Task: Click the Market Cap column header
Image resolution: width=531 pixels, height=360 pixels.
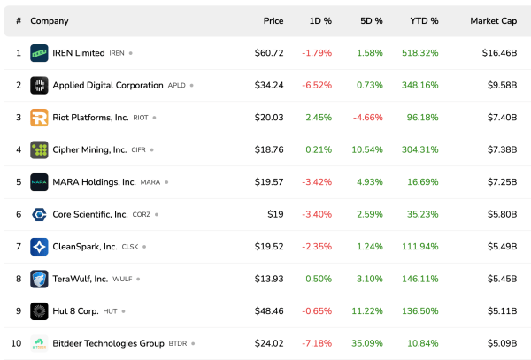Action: [493, 20]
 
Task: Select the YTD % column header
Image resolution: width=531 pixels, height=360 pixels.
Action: [424, 20]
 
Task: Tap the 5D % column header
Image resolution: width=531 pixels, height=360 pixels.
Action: [372, 20]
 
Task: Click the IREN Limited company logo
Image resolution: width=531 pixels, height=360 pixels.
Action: [39, 53]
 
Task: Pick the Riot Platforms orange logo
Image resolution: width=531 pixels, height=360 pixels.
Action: [39, 118]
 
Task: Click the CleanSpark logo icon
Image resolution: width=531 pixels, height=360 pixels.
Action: [39, 247]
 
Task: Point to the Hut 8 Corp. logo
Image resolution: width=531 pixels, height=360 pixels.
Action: [39, 311]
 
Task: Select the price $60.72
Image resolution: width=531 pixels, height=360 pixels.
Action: [269, 53]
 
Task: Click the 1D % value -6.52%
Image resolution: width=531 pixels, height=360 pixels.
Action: [318, 86]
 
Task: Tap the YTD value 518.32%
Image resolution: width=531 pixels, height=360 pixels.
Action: [419, 53]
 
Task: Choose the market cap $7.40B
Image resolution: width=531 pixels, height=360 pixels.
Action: [499, 118]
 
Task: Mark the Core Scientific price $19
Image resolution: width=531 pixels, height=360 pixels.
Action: [275, 214]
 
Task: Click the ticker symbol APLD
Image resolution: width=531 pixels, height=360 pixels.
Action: [176, 86]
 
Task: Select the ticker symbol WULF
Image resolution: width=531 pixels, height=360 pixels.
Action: [123, 280]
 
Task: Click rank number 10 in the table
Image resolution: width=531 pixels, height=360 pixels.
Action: [18, 343]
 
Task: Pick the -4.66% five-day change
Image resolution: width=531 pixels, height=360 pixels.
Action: [368, 118]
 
